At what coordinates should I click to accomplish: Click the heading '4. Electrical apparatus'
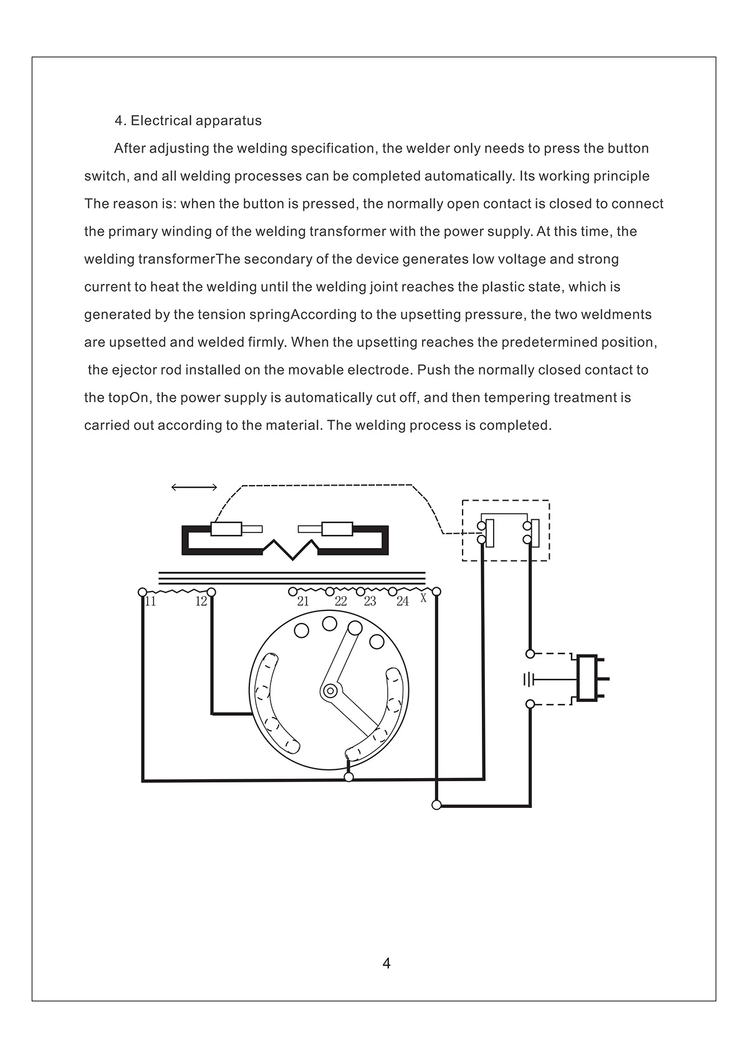188,120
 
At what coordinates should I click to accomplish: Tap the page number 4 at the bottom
386,963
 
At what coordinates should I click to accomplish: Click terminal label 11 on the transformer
150,602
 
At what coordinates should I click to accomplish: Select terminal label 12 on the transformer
201,602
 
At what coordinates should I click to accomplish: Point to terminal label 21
303,602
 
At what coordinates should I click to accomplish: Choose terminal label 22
340,602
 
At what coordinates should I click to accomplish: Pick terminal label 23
370,602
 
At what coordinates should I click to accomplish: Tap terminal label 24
403,602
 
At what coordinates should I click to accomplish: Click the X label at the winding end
423,599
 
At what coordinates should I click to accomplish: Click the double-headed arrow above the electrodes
194,488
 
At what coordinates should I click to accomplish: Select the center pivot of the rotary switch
330,691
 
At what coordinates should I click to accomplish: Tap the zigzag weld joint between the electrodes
290,549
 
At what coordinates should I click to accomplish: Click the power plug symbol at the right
589,678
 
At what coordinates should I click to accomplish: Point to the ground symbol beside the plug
529,679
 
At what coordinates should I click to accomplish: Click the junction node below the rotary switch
348,777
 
